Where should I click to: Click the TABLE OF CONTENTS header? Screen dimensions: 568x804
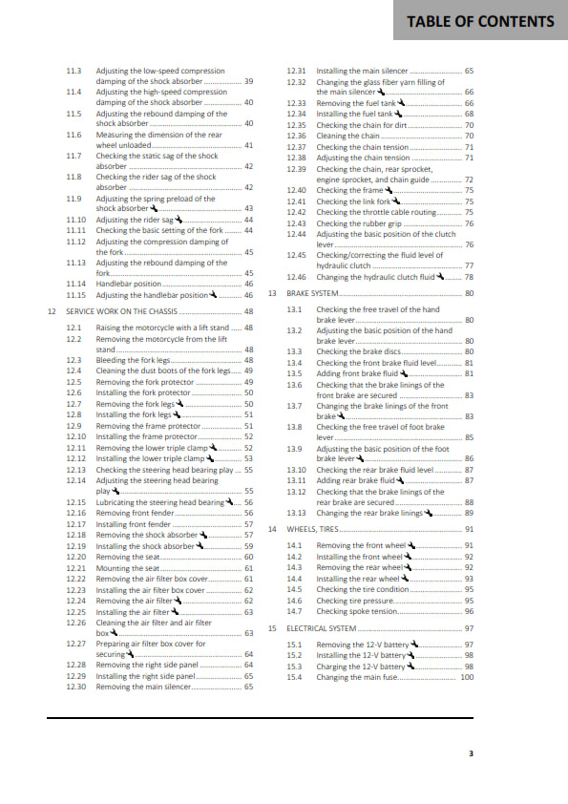click(493, 22)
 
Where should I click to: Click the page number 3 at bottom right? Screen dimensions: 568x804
click(471, 753)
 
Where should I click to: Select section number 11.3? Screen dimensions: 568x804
click(74, 71)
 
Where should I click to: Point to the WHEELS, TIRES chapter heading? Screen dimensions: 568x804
click(313, 528)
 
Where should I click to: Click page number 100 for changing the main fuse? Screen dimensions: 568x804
click(467, 677)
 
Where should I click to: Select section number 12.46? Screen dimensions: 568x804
click(297, 277)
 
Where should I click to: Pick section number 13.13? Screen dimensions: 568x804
click(297, 513)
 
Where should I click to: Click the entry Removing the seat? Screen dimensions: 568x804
click(121, 557)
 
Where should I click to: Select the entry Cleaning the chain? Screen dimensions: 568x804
click(347, 136)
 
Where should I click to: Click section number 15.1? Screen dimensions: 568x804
click(295, 645)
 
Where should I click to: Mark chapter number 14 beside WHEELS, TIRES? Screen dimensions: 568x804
click(272, 528)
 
